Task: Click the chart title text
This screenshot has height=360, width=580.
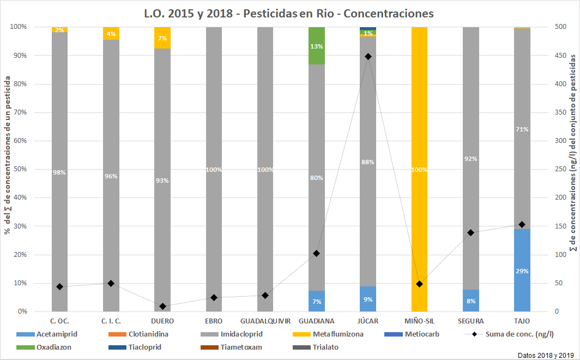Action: (x=289, y=13)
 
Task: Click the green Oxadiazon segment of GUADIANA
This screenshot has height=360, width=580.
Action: (x=317, y=45)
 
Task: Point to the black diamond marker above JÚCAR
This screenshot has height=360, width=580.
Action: (x=368, y=56)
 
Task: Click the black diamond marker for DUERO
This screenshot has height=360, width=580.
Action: (x=162, y=306)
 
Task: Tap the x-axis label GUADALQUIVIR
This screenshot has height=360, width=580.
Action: (x=265, y=321)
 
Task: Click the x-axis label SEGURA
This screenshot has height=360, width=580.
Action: (x=470, y=321)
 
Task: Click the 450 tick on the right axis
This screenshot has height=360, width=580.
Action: (x=555, y=56)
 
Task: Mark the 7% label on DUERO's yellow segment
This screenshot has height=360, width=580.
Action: (x=162, y=38)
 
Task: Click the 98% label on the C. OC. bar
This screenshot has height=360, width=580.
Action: (x=59, y=172)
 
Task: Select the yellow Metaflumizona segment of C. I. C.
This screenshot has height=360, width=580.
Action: (x=111, y=33)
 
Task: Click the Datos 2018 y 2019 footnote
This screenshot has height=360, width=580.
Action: (x=545, y=355)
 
